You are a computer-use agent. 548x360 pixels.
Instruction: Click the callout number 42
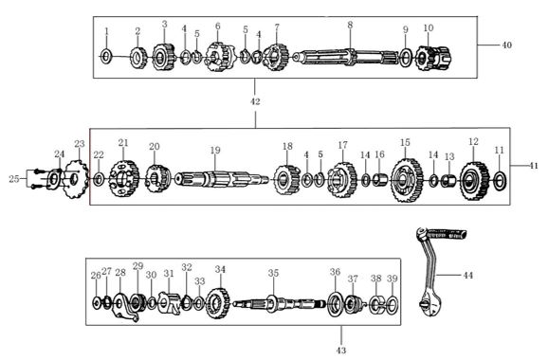255,101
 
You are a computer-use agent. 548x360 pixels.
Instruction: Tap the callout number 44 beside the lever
468,276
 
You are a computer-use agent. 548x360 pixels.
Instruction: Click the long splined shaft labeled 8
346,57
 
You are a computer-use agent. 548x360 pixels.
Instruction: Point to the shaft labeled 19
222,179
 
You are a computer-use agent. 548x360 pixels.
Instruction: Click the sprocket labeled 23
77,179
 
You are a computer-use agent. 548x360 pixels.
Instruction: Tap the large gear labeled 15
407,179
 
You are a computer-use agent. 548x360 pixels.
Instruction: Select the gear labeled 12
474,181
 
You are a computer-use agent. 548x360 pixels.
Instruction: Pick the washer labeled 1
106,56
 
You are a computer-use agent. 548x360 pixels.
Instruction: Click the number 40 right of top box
507,45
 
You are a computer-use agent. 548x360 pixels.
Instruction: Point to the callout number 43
341,351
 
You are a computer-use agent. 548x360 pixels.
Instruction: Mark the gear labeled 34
218,303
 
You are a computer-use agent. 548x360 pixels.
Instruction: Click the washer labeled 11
500,181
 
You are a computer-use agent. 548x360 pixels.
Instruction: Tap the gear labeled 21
124,179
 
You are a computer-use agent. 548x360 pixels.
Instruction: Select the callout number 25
14,179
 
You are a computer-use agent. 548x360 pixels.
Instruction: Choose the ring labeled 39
393,304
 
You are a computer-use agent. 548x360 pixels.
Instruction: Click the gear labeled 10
433,58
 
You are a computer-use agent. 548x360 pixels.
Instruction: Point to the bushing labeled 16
379,180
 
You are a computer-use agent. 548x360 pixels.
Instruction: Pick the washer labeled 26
96,302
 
